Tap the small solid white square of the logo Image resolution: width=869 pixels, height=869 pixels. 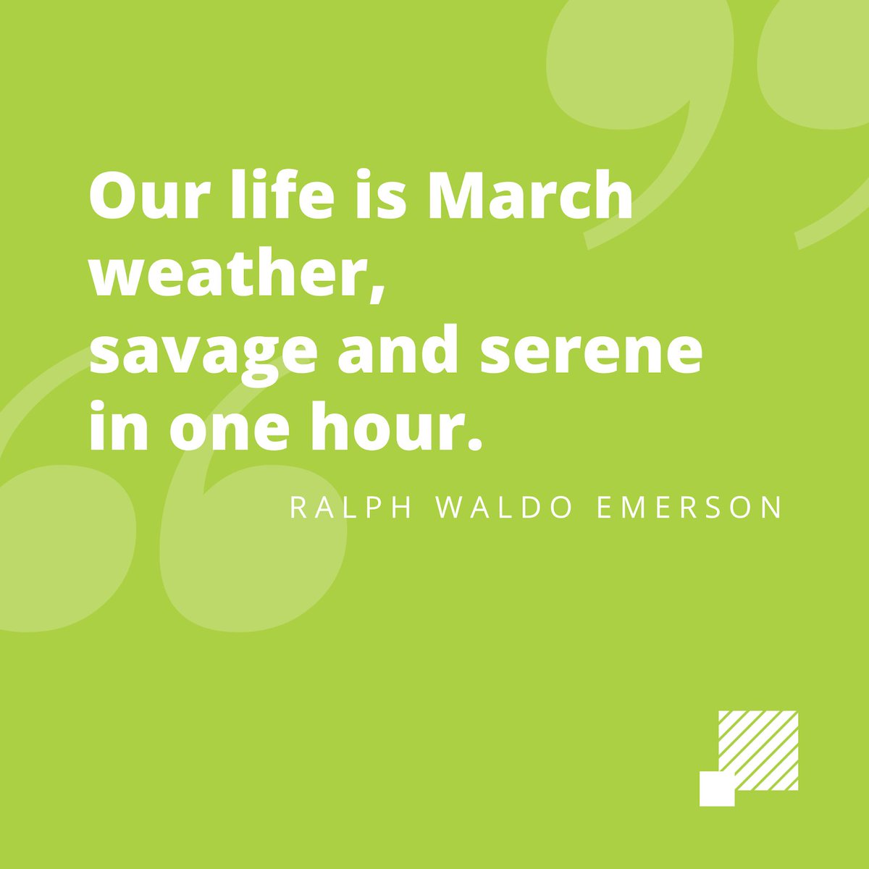pos(717,789)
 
